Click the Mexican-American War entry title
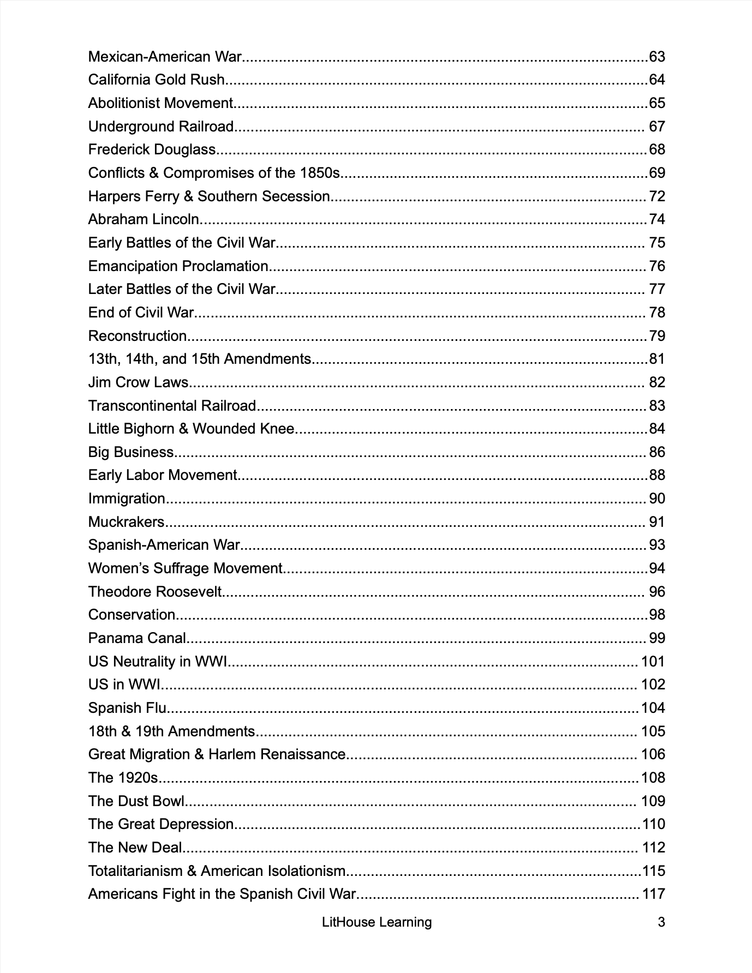click(x=164, y=57)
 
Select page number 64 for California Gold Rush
click(x=656, y=80)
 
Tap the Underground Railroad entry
click(x=161, y=127)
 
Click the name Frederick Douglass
click(x=152, y=149)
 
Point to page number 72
click(x=656, y=196)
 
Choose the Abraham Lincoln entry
click(x=144, y=219)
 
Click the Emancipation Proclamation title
click(x=178, y=266)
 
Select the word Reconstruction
click(x=138, y=336)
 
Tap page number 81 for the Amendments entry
click(x=656, y=359)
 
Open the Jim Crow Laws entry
click(x=138, y=382)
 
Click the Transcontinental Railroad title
click(x=172, y=406)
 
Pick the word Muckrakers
click(x=126, y=522)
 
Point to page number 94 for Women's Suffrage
click(x=656, y=568)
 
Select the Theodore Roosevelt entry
click(x=156, y=592)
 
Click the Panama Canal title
click(x=137, y=638)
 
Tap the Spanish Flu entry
click(x=127, y=708)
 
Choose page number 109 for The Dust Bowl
click(x=653, y=801)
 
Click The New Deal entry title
click(x=135, y=848)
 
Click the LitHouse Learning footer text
click(x=377, y=922)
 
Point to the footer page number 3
click(x=661, y=922)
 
